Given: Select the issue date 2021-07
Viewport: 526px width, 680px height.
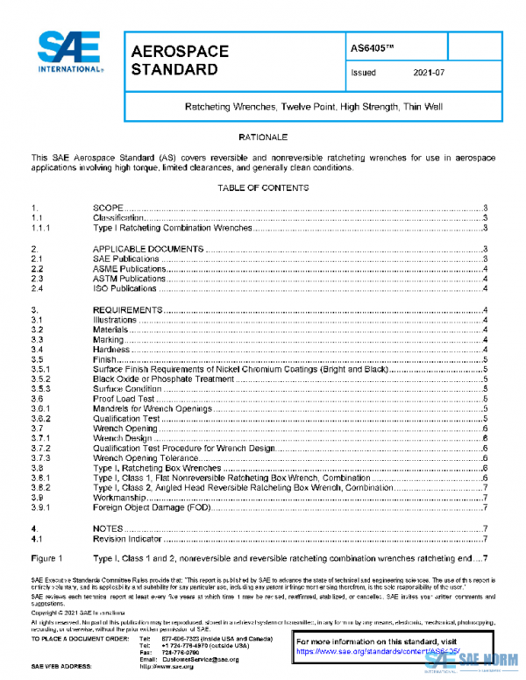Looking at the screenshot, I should coord(428,74).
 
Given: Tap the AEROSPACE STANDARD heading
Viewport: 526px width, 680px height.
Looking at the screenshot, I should coord(180,60).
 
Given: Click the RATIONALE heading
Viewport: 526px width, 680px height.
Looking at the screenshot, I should coord(262,138).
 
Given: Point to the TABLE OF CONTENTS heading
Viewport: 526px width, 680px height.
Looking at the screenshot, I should coord(262,188).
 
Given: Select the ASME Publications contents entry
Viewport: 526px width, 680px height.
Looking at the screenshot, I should coord(130,269).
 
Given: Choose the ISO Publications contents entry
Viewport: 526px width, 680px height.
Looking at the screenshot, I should coord(125,288).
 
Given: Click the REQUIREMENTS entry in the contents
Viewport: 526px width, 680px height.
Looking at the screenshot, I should coord(127,311).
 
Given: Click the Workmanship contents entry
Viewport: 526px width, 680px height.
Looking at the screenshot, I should coord(120,498).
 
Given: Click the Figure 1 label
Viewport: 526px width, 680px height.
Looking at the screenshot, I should coord(46,558).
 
